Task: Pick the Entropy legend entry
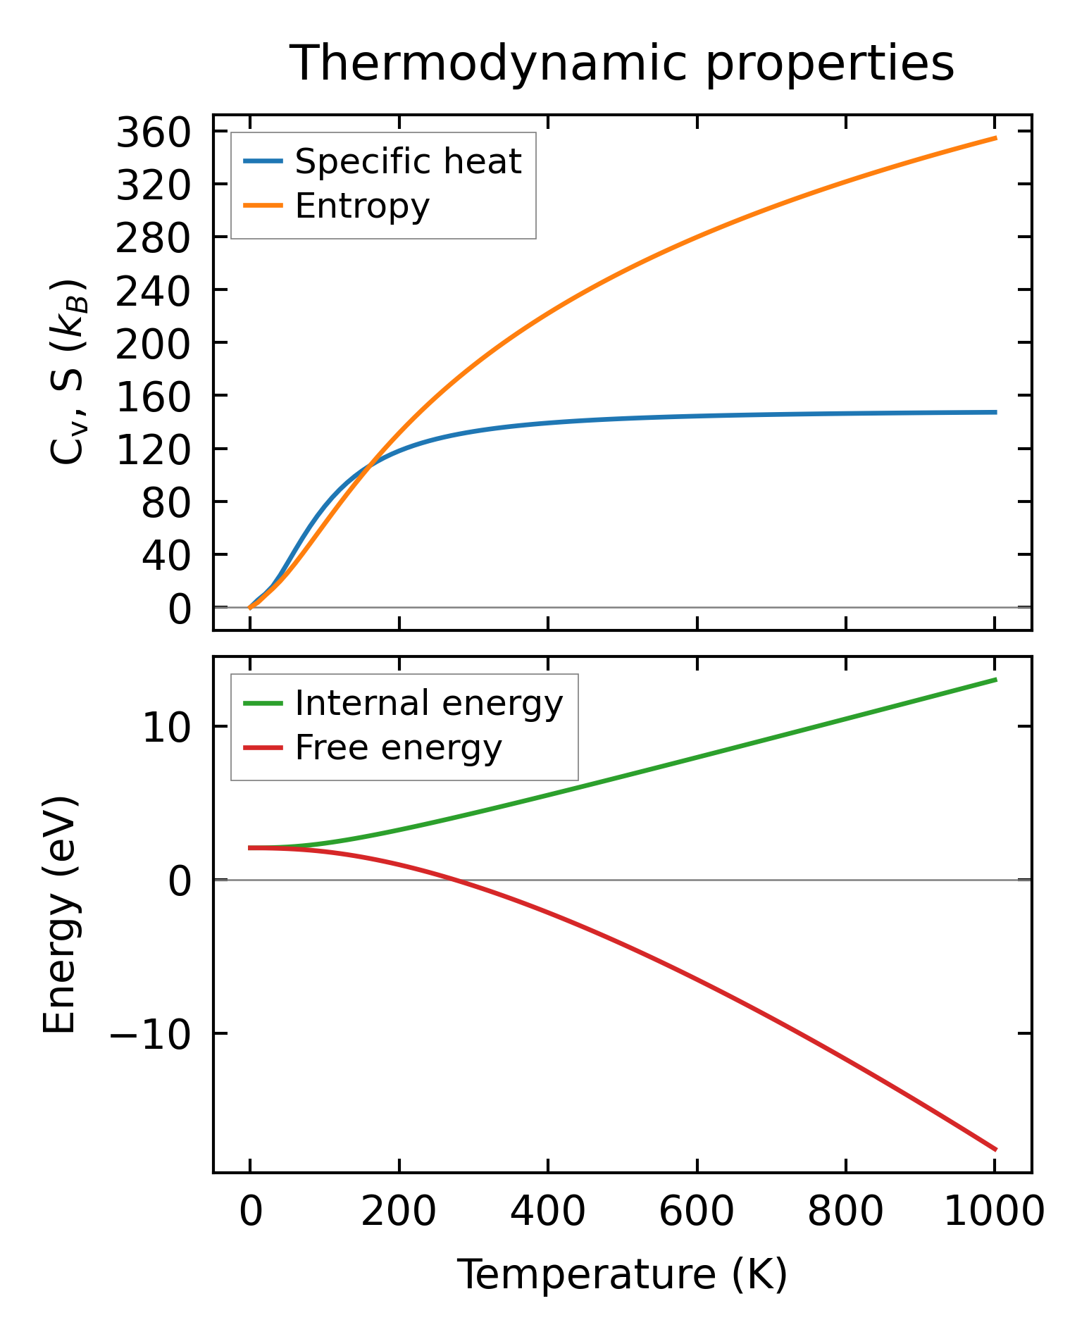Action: click(x=362, y=206)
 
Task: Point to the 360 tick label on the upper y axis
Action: click(x=154, y=132)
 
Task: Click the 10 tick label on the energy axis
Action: click(x=166, y=728)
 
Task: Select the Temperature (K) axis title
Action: click(x=622, y=1275)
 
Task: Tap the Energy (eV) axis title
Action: click(x=59, y=916)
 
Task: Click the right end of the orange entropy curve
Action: click(x=995, y=138)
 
